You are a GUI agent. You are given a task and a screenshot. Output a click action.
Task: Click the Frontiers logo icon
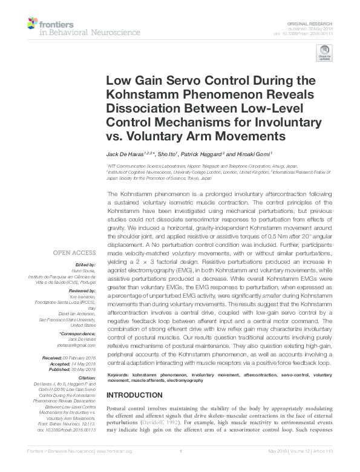click(x=31, y=24)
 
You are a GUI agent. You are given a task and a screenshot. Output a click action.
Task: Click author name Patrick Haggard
click(x=200, y=155)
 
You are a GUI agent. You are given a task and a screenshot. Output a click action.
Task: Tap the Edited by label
click(x=85, y=264)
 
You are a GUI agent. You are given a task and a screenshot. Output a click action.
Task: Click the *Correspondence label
click(x=79, y=333)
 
